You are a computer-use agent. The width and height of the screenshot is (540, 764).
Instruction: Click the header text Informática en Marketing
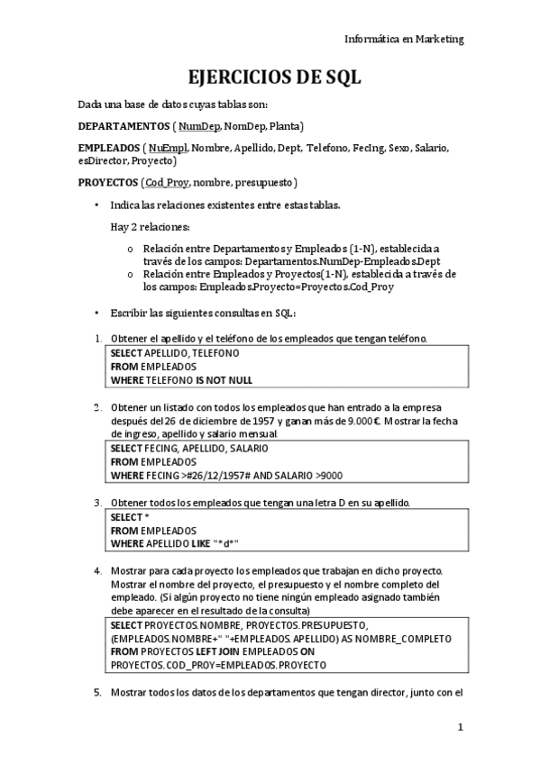(x=404, y=39)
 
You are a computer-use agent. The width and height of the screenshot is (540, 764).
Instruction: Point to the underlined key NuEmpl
(x=167, y=148)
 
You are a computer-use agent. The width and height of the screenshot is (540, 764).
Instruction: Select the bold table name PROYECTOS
(x=110, y=183)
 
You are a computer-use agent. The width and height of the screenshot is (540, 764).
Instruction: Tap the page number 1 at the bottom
(x=460, y=727)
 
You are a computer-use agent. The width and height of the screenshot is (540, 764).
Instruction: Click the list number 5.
(x=98, y=692)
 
